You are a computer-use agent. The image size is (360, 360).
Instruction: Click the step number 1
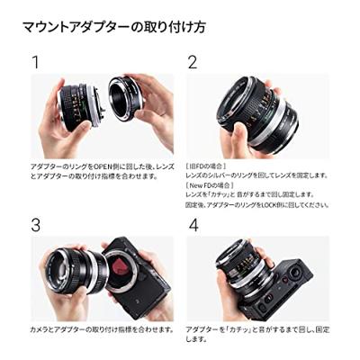point(36,63)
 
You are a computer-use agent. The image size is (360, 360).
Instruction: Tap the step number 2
point(192,63)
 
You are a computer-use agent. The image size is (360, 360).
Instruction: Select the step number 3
point(36,225)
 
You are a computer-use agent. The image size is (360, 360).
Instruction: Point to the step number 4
point(193,225)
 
